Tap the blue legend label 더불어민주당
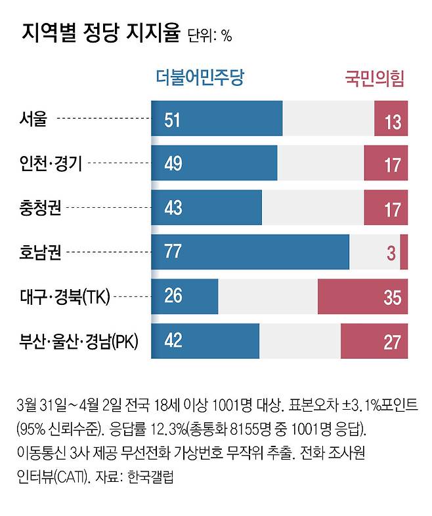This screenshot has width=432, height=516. coord(200,79)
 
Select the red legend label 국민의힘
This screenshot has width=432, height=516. coord(374,79)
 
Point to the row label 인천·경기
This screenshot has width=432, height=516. coord(51,163)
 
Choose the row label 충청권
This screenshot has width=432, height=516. coord(41,208)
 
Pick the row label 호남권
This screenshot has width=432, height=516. coord(41,252)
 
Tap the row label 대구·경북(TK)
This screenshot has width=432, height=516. coord(64,297)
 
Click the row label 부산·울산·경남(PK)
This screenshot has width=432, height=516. coord(77,342)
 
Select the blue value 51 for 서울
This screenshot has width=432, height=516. coord(173,120)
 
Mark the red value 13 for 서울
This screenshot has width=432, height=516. coord(393,122)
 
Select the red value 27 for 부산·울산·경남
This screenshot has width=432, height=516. coord(392,342)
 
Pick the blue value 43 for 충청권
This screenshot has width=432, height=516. coord(173,208)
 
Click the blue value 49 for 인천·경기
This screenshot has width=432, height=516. coord(173,164)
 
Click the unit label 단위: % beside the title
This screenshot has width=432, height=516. coord(209,36)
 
